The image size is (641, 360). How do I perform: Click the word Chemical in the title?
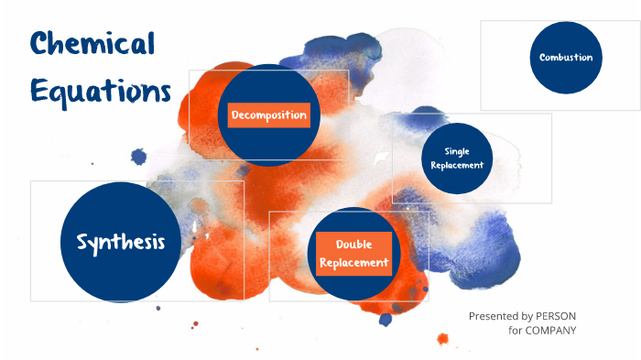coord(92,44)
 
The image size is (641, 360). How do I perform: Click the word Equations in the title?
coord(101,91)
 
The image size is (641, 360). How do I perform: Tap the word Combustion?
coord(565,58)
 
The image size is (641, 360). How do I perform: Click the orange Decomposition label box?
coord(268,115)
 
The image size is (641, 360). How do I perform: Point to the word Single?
coord(456,151)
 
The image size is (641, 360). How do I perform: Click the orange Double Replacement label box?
coord(353,254)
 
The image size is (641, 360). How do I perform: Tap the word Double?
coord(353,245)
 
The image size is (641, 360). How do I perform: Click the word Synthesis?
coord(121,242)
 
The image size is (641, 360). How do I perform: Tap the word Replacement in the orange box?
coord(353,263)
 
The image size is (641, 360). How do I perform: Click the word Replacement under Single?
coord(456,165)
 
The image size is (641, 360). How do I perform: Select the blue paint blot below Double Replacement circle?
coord(386,319)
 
